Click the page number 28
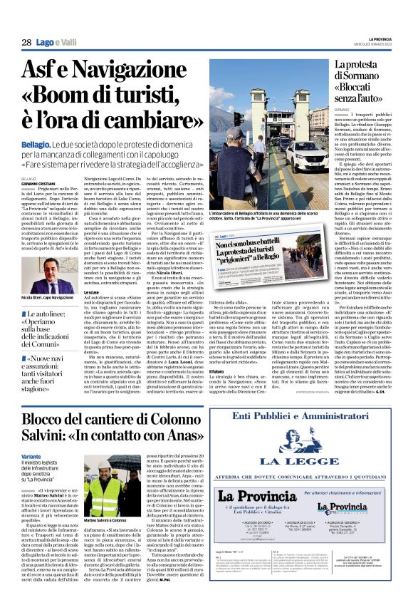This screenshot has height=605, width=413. point(26,43)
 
